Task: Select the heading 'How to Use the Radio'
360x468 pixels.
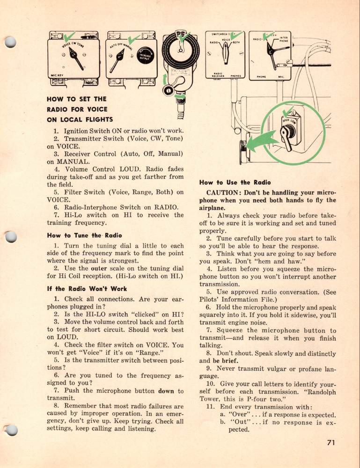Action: tap(235, 182)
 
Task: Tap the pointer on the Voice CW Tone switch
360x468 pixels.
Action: tap(75, 58)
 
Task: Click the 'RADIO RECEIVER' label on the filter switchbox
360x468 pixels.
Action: tap(218, 74)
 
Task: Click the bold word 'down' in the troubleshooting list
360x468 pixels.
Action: tap(166, 391)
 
